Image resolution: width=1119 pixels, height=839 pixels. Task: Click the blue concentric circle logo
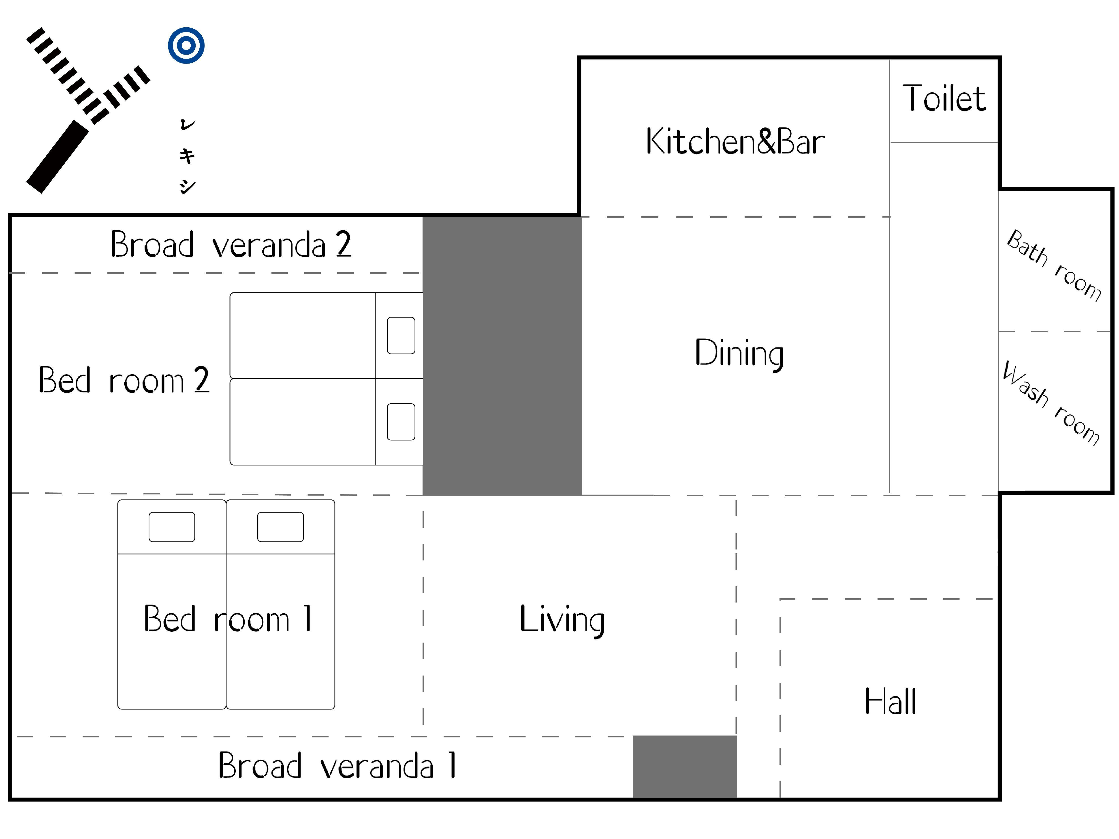coord(186,45)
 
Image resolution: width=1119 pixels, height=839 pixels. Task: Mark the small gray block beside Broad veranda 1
coord(684,767)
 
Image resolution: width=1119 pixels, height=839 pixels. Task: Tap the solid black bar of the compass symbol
coord(57,157)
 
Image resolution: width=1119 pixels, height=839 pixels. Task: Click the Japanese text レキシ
coord(187,156)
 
